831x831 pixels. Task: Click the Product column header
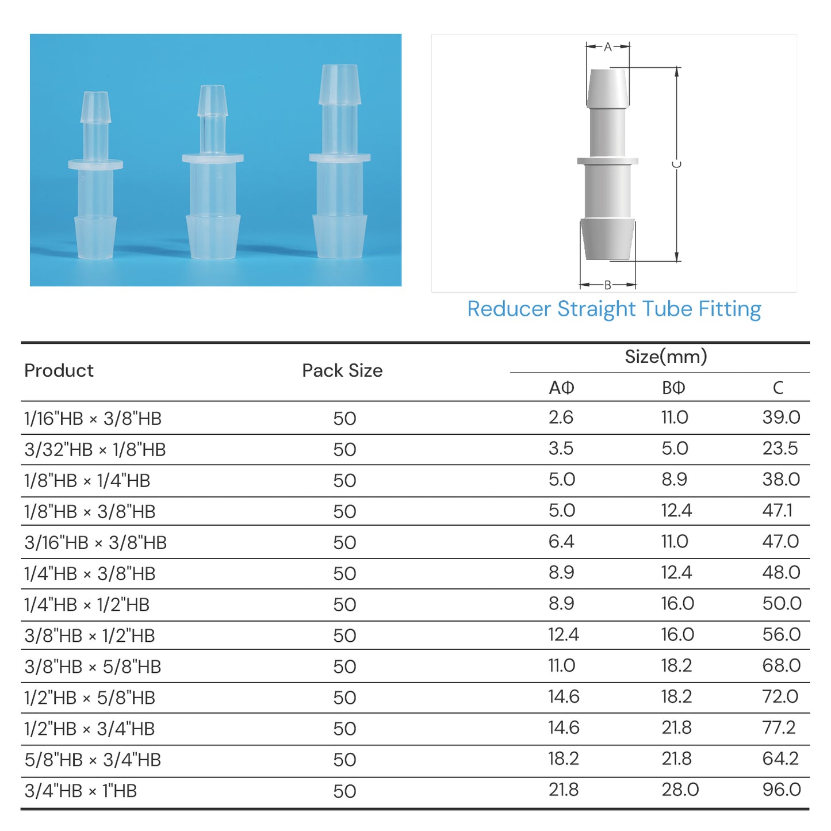(59, 370)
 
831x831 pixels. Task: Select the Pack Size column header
(342, 370)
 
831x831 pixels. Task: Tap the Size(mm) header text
(665, 357)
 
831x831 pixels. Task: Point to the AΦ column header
(561, 388)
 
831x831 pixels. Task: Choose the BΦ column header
(673, 388)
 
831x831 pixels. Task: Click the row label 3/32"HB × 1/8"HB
(95, 449)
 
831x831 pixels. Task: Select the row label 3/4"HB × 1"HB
(81, 791)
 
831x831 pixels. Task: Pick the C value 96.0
(781, 790)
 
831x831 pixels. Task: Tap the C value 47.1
(777, 510)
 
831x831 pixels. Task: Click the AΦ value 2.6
(561, 417)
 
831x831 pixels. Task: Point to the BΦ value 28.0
(680, 790)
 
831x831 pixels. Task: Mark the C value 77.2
(779, 727)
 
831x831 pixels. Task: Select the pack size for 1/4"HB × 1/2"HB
(344, 604)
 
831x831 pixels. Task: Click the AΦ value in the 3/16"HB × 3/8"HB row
(561, 541)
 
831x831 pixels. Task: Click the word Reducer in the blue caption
(509, 309)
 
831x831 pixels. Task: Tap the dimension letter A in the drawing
(607, 47)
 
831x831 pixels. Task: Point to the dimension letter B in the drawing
(607, 285)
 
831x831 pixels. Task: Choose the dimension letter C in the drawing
(677, 164)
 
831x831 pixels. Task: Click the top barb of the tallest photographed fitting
(340, 85)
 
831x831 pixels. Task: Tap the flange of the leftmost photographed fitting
(95, 164)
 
